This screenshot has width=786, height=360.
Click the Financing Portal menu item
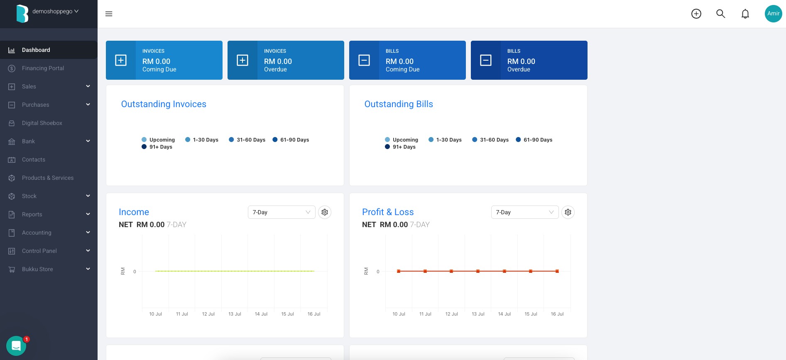pos(43,68)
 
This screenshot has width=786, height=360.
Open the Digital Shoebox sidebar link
pos(42,123)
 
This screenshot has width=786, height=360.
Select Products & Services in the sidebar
pos(48,178)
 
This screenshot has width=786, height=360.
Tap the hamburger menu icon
pos(109,14)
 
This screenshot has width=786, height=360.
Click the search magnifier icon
pos(721,14)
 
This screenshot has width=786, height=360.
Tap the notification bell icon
pos(745,14)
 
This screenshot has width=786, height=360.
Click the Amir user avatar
pos(773,14)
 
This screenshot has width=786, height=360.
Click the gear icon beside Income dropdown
pos(325,212)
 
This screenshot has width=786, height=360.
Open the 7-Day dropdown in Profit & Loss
pos(525,212)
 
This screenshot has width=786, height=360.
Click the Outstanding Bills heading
pos(399,104)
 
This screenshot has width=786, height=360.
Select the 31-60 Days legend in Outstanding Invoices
pos(247,140)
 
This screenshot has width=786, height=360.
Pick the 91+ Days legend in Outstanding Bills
pos(400,147)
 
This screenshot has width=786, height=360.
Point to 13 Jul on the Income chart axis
pos(235,314)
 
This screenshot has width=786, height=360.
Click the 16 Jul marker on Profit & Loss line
pos(557,271)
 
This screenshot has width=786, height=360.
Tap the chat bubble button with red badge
pos(16,345)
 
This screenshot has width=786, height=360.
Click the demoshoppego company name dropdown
pos(55,11)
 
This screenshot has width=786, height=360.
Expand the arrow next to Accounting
pos(88,233)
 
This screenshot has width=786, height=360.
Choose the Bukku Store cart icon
pos(12,269)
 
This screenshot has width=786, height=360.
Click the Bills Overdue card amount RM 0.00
pos(521,61)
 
